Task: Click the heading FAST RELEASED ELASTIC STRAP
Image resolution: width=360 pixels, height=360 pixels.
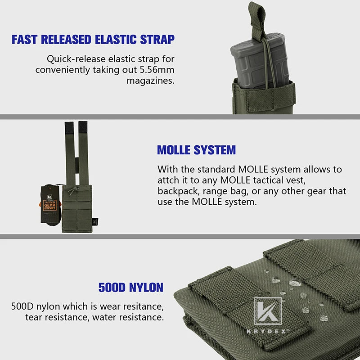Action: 93,39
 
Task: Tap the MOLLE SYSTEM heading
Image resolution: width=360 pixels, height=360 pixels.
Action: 196,150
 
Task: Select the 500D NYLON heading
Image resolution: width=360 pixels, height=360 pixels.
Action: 130,287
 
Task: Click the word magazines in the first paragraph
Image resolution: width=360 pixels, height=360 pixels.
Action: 150,81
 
